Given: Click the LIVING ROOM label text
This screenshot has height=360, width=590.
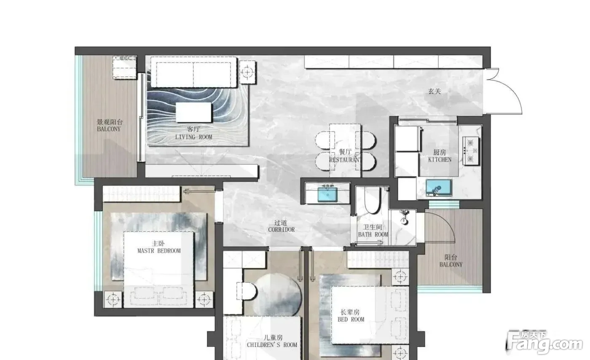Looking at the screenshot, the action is (193, 137).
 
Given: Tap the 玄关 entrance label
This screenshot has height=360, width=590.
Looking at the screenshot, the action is (434, 91).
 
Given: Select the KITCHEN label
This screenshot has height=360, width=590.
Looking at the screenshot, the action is (440, 159).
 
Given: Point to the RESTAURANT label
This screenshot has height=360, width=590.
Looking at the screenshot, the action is (345, 160).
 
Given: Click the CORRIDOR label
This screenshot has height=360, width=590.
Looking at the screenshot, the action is (282, 230).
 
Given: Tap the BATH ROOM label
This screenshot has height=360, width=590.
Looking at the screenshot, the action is (373, 234).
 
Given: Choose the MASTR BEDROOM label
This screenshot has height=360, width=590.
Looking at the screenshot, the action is (159, 251).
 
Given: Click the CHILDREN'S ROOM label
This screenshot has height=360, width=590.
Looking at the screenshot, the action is (272, 345).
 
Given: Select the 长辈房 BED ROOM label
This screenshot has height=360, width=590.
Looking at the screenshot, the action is (351, 316).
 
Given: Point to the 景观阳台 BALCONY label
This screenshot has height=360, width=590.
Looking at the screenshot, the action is (109, 126).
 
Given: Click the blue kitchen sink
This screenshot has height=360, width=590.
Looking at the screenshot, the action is (439, 188).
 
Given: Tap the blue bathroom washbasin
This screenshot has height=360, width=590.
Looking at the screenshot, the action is (327, 194).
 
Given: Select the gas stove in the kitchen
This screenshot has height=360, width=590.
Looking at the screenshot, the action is (471, 151).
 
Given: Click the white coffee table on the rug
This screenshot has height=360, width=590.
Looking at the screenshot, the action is (193, 113).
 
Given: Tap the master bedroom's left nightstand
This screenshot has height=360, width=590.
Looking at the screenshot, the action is (113, 300).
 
